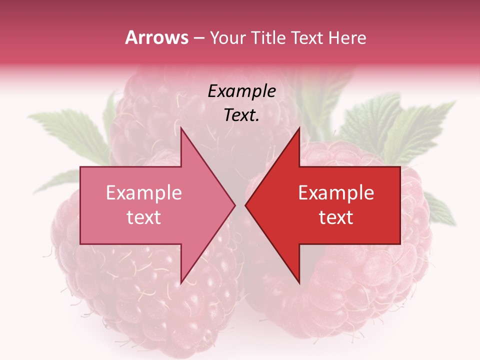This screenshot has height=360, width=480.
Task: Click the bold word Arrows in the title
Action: point(157,37)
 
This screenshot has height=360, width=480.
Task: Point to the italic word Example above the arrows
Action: point(241,91)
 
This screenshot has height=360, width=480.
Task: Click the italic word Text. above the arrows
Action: point(241,115)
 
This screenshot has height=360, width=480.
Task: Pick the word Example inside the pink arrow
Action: point(144,193)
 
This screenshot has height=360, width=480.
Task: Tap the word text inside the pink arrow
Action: point(144,217)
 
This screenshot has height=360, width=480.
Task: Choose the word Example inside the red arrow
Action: point(336,193)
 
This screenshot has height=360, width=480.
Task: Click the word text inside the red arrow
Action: point(336,217)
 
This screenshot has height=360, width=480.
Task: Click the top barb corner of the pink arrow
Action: point(181,128)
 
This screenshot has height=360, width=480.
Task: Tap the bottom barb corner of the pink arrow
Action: point(181,282)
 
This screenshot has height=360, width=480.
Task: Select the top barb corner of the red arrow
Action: point(299,128)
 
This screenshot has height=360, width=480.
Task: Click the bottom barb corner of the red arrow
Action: point(299,282)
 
